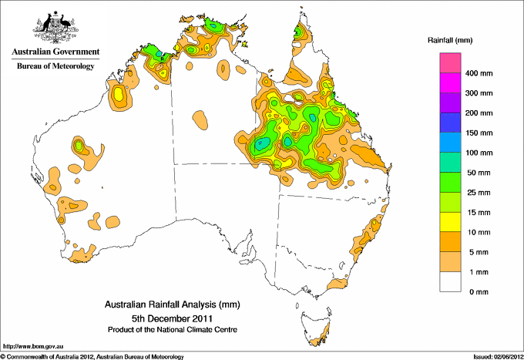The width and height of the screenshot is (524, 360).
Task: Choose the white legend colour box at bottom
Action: (x=451, y=282)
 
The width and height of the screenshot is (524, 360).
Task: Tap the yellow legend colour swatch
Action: (x=451, y=222)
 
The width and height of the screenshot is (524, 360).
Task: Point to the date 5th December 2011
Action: (x=172, y=317)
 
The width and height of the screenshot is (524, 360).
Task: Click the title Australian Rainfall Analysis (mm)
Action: (x=172, y=304)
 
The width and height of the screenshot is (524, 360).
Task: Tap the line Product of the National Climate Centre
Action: (x=172, y=329)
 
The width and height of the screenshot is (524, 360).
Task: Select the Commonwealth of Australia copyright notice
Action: (x=92, y=355)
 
